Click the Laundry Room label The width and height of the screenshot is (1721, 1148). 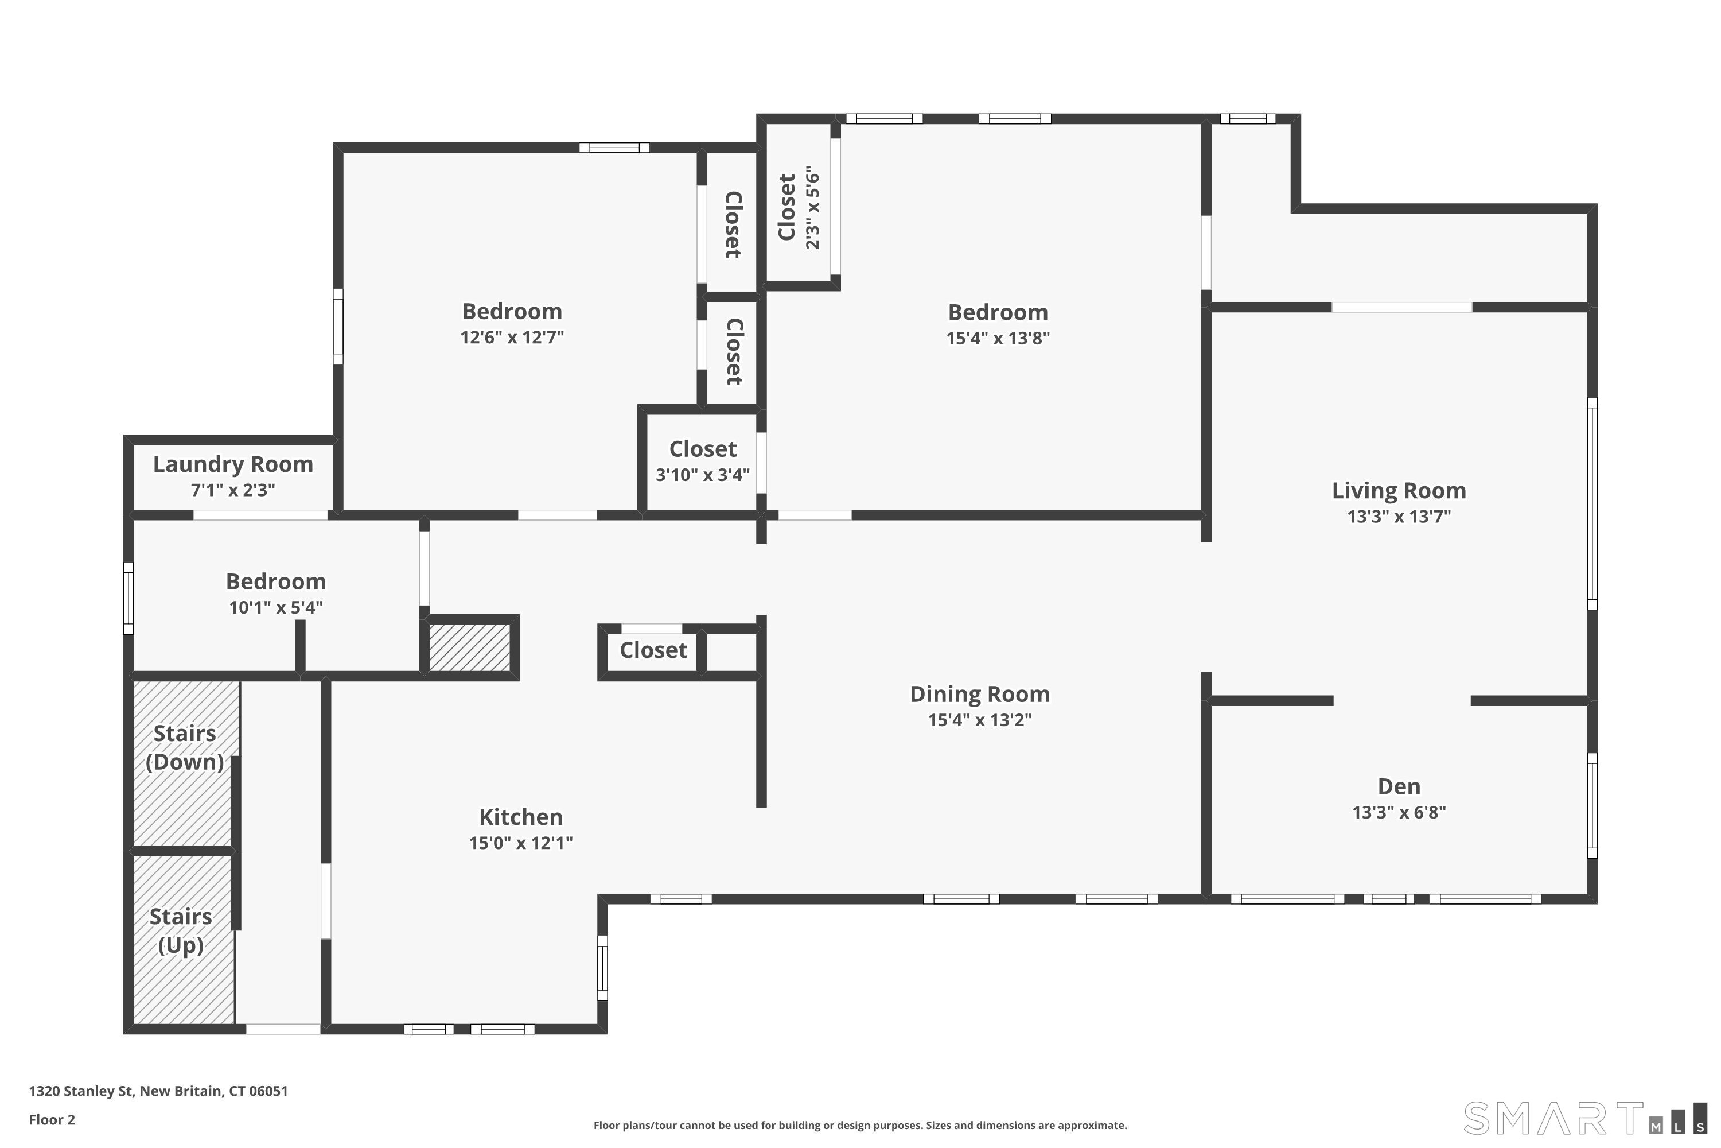(233, 464)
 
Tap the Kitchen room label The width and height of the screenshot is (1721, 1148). (521, 817)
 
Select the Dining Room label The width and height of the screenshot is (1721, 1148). (980, 694)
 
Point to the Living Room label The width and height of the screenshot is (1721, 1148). (1399, 491)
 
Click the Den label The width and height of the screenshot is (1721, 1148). (1399, 786)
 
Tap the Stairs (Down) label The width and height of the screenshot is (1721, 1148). (184, 747)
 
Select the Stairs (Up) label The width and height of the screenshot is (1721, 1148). (181, 930)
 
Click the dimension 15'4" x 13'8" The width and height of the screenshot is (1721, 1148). (998, 338)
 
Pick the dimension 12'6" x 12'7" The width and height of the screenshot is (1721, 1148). (512, 338)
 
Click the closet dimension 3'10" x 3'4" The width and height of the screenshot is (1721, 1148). (702, 475)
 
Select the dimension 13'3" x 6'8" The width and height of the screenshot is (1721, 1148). (1399, 813)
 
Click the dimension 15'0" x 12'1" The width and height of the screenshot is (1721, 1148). (521, 843)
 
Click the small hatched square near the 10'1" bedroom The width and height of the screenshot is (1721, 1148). (469, 647)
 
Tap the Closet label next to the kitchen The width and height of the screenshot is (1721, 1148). (653, 650)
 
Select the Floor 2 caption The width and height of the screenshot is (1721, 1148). (52, 1119)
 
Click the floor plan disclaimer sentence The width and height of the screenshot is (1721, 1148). (860, 1125)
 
